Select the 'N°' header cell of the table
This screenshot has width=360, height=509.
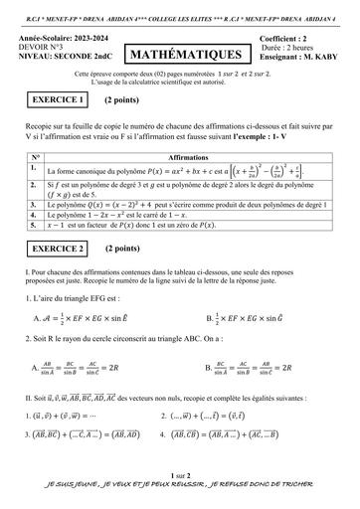[35, 158]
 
